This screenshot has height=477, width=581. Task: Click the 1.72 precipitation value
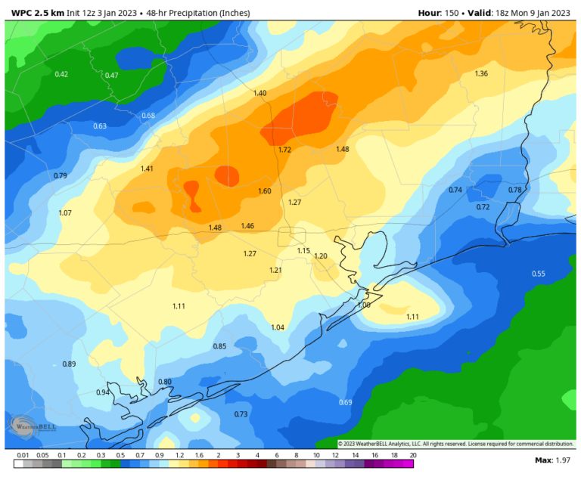click(284, 150)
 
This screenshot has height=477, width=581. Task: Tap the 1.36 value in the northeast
click(480, 73)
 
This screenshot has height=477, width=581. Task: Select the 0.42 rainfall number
click(62, 73)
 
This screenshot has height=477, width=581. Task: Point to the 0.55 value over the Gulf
click(538, 274)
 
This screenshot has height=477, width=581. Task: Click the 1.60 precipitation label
click(264, 191)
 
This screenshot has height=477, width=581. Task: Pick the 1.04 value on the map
click(278, 327)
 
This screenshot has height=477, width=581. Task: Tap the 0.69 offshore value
click(346, 402)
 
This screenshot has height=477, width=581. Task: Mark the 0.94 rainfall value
click(103, 392)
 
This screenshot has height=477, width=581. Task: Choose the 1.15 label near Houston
click(303, 251)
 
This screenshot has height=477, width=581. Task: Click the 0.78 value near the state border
click(514, 190)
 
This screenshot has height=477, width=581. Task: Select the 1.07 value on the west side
click(65, 213)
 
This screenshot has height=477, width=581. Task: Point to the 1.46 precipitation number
click(247, 226)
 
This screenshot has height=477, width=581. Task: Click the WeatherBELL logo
click(23, 428)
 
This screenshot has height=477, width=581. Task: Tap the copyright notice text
click(455, 444)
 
